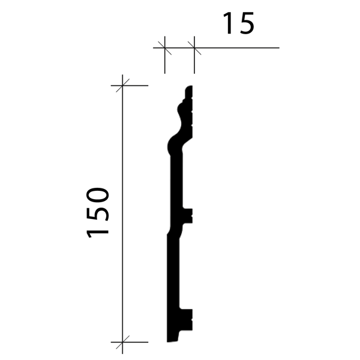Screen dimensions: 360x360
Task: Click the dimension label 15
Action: [239, 23]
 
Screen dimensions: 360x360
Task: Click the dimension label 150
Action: [97, 212]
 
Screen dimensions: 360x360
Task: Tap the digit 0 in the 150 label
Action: [97, 196]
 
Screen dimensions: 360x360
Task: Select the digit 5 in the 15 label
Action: [247, 23]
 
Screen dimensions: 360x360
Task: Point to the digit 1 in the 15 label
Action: [228, 23]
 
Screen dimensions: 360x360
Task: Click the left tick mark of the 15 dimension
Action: [164, 48]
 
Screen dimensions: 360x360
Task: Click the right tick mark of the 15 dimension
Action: [194, 48]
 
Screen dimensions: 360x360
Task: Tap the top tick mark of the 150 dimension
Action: [122, 85]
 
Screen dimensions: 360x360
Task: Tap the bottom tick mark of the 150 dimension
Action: [122, 342]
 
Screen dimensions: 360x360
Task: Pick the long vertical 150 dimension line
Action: [122, 214]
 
